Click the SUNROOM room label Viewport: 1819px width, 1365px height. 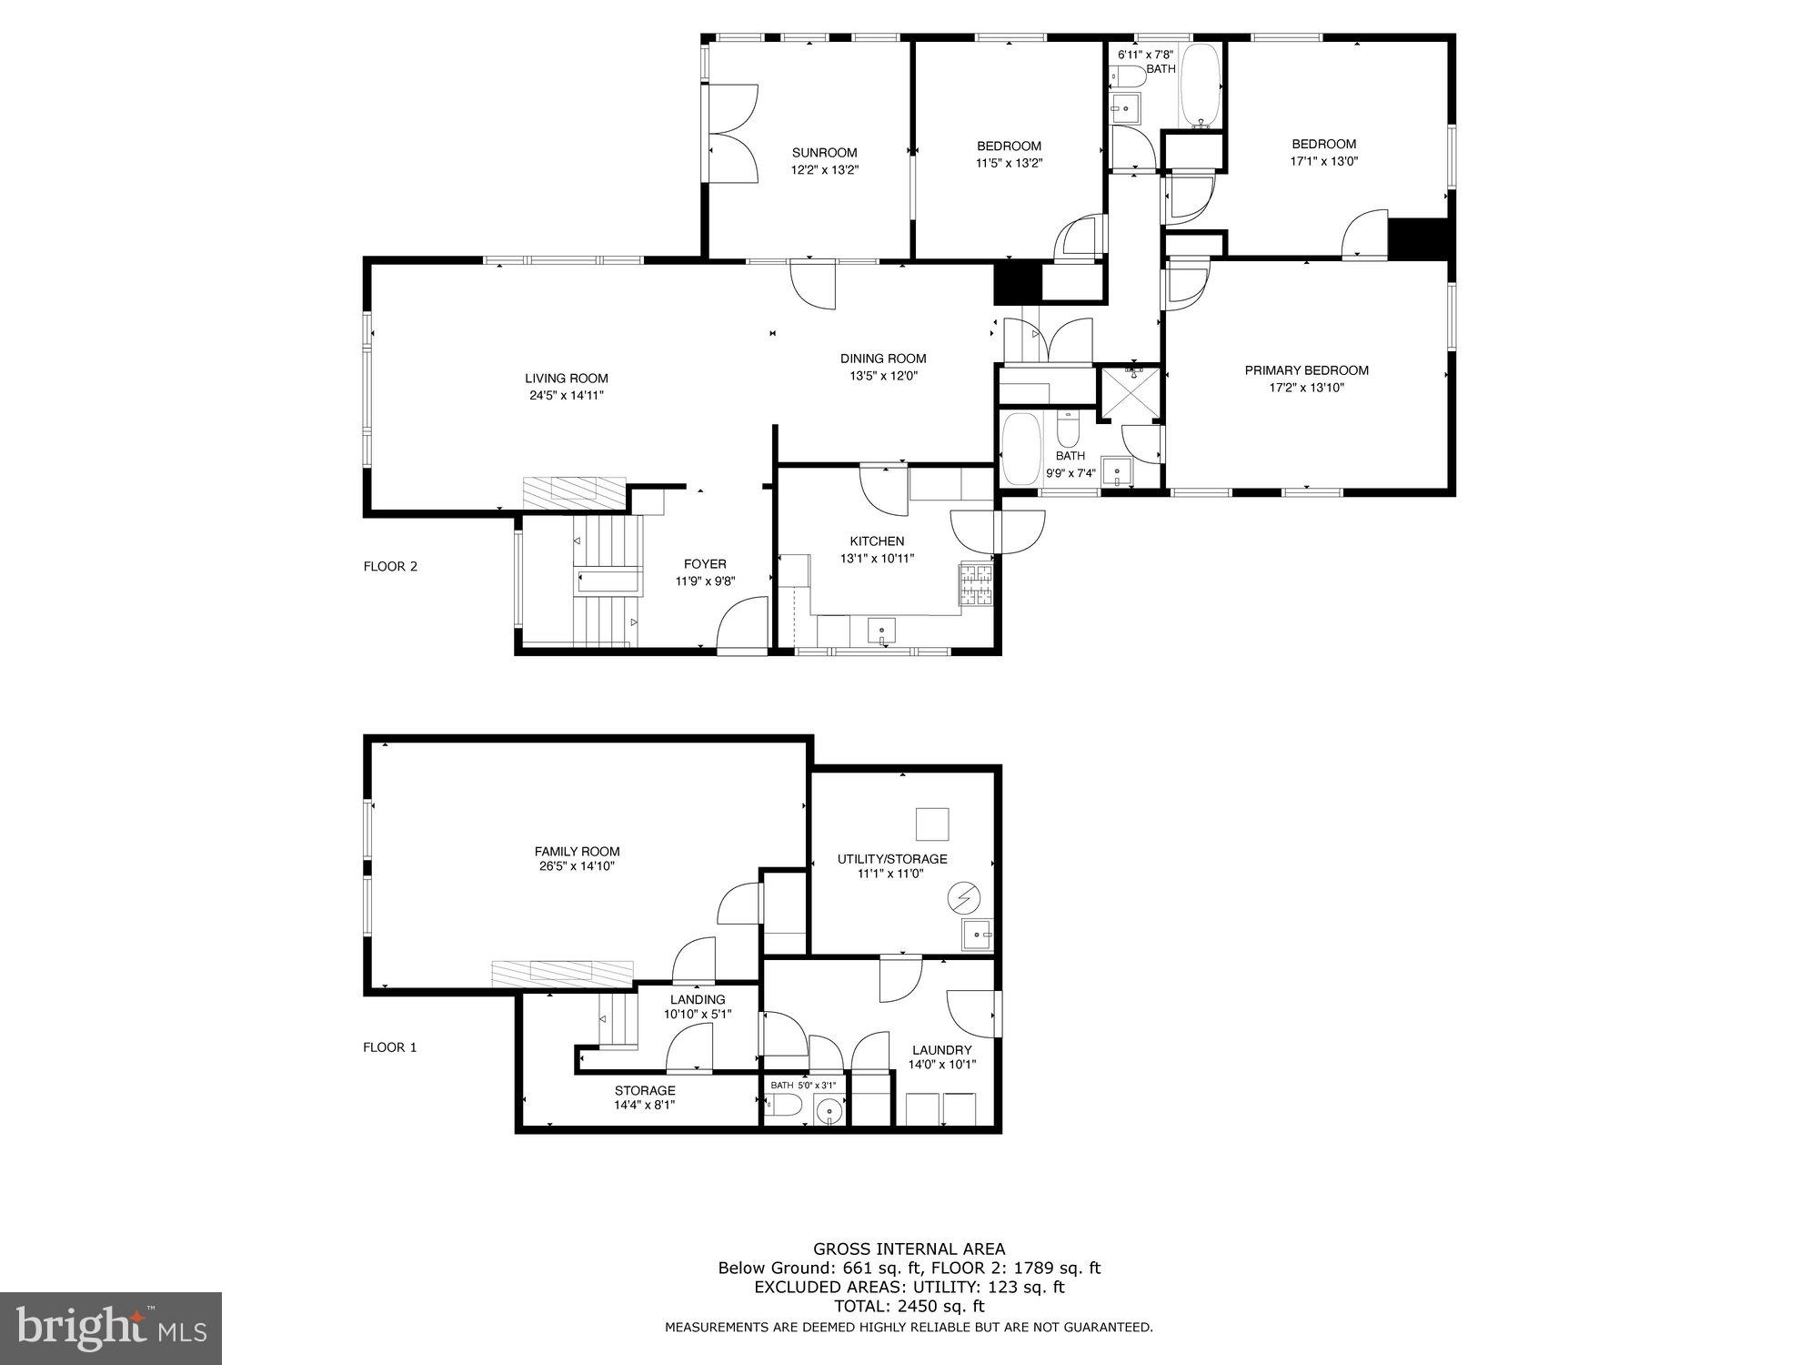(824, 153)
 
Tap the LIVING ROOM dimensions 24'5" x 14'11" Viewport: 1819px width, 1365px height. (566, 396)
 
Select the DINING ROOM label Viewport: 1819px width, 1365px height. (882, 359)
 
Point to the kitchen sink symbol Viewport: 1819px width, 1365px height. (880, 631)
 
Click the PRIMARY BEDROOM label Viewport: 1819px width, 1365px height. (1306, 370)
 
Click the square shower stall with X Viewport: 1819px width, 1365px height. (1131, 394)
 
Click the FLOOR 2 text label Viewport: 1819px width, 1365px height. (390, 566)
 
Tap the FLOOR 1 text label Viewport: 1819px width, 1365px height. (389, 1047)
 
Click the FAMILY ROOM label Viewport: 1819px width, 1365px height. (577, 852)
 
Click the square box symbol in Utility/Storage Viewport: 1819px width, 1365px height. (932, 824)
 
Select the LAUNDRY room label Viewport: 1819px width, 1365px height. (941, 1050)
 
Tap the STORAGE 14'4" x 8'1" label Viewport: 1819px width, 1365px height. (644, 1097)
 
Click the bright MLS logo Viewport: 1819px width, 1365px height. (110, 1328)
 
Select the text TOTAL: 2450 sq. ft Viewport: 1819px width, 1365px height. (909, 1307)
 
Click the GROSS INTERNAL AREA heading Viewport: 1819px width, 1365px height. (909, 1249)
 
